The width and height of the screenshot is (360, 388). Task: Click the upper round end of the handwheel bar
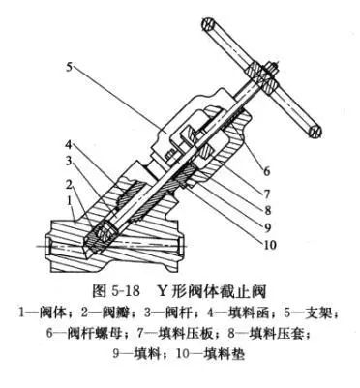[211, 20]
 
